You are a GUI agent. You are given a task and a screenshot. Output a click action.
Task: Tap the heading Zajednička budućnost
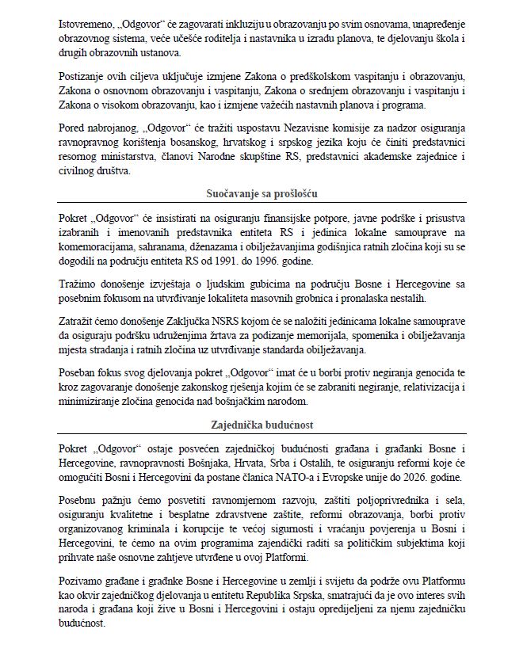tap(264, 425)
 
